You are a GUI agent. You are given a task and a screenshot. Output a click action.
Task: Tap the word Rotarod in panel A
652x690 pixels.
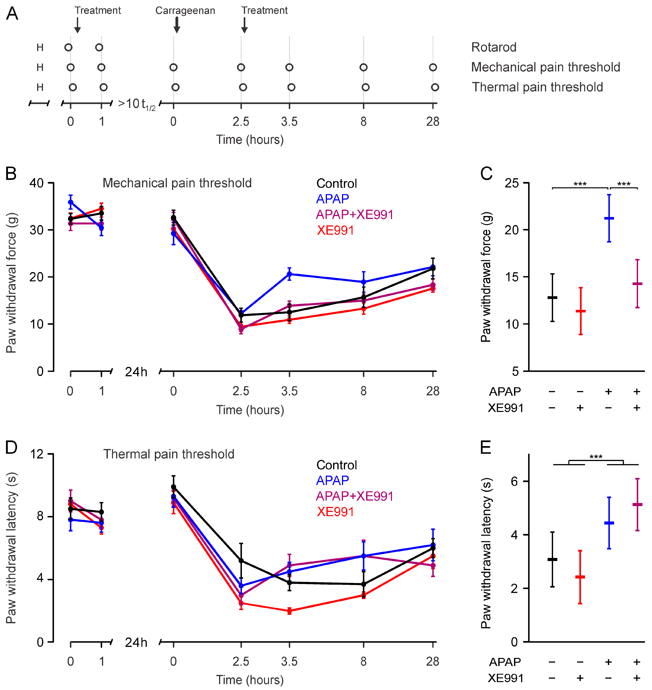[x=494, y=47]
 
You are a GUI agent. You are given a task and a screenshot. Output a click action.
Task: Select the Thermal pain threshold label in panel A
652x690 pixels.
[x=537, y=87]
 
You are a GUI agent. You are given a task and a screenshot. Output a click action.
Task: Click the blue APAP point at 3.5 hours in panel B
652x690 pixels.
[x=289, y=274]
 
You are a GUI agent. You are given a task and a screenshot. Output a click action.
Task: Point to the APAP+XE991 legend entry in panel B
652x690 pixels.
[x=354, y=215]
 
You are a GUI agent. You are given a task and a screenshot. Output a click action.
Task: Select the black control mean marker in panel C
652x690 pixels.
[x=552, y=298]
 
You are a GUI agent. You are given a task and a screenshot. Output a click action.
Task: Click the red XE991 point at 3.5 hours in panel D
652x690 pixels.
[x=289, y=611]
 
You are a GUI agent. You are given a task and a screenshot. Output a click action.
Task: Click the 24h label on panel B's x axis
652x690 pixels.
[x=136, y=372]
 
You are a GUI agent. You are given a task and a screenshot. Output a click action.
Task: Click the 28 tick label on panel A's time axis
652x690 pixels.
[x=433, y=122]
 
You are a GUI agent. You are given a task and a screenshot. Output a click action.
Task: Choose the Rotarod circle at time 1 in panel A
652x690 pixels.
[x=99, y=47]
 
